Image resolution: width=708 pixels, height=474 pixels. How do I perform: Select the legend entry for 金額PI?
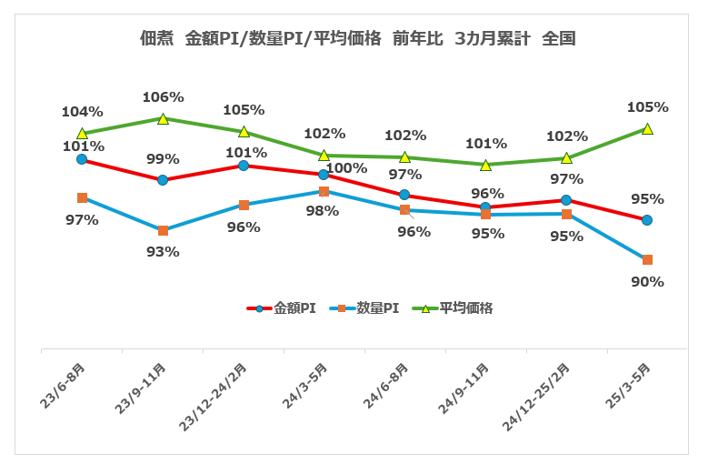pyautogui.click(x=282, y=308)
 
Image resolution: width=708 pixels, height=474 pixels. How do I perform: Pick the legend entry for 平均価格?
pyautogui.click(x=454, y=308)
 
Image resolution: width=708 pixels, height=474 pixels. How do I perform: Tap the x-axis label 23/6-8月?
pyautogui.click(x=65, y=387)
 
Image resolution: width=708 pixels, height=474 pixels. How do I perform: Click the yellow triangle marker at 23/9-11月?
pyautogui.click(x=163, y=118)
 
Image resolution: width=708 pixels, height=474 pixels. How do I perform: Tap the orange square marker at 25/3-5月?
pyautogui.click(x=647, y=260)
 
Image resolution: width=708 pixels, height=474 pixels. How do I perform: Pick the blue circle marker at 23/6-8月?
pyautogui.click(x=82, y=159)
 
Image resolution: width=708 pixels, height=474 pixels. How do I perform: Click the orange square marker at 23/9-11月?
pyautogui.click(x=163, y=231)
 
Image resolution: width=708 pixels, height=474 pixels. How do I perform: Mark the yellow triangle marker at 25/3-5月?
pyautogui.click(x=647, y=129)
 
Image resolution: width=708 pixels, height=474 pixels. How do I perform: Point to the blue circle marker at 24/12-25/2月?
pyautogui.click(x=566, y=200)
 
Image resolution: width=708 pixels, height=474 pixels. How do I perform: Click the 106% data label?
pyautogui.click(x=164, y=97)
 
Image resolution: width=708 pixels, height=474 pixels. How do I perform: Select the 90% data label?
pyautogui.click(x=647, y=282)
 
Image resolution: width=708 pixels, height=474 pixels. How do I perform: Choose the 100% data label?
pyautogui.click(x=346, y=167)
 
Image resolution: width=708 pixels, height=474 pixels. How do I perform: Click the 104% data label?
pyautogui.click(x=82, y=112)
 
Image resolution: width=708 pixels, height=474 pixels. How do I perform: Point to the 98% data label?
pyautogui.click(x=322, y=211)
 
